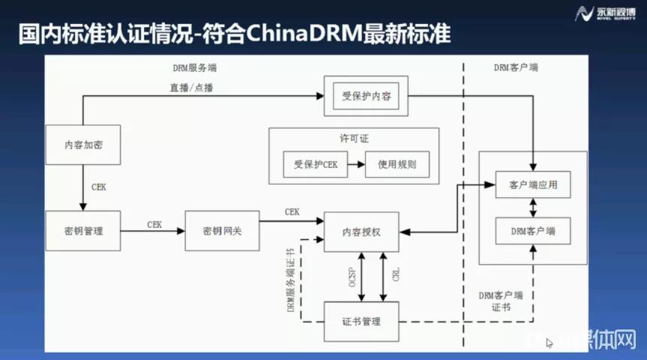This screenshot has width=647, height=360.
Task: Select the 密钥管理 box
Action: click(82, 230)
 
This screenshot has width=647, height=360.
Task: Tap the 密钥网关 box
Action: click(222, 230)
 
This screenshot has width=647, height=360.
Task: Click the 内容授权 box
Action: click(361, 231)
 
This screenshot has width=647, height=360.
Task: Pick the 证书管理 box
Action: click(361, 321)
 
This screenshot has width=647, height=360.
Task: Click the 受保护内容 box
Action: click(366, 97)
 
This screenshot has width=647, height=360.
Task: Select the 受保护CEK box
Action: click(316, 164)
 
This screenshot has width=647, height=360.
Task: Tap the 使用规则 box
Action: click(397, 164)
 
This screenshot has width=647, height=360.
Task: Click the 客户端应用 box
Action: click(533, 184)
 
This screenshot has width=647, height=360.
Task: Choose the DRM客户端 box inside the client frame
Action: click(533, 231)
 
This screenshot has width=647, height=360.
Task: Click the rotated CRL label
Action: click(395, 273)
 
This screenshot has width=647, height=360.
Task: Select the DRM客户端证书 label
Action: click(500, 301)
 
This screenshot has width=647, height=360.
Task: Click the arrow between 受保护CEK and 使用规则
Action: click(357, 164)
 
